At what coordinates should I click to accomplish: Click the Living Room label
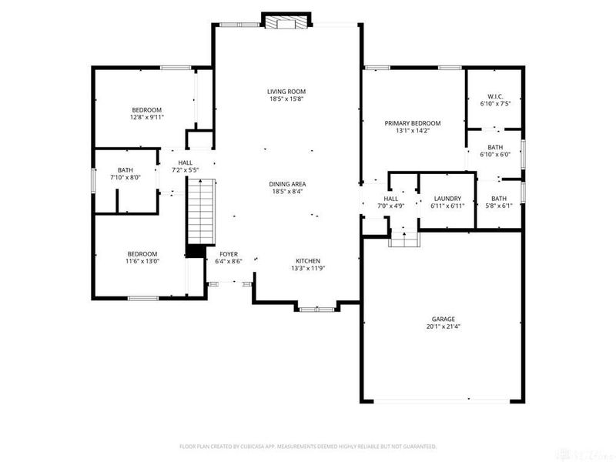click(x=287, y=92)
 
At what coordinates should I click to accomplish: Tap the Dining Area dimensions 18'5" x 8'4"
click(x=287, y=191)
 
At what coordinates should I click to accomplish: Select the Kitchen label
click(x=308, y=261)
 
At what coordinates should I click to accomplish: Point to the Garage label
click(x=443, y=319)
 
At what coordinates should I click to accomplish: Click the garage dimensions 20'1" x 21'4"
click(x=443, y=326)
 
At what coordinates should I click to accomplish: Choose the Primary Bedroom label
click(x=413, y=123)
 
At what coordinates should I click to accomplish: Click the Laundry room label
click(x=446, y=199)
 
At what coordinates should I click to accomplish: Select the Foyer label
click(x=229, y=253)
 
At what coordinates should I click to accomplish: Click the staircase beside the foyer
click(x=199, y=210)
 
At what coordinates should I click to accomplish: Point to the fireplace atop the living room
click(x=286, y=22)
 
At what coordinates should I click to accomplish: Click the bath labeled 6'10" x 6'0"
click(x=495, y=151)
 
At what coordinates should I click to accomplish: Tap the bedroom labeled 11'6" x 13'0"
click(x=142, y=257)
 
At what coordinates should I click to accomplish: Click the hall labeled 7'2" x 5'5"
click(x=186, y=166)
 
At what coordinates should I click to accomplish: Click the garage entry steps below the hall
click(x=404, y=240)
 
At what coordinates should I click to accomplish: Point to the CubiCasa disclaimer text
click(x=308, y=446)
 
